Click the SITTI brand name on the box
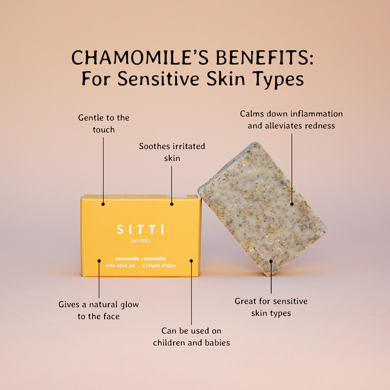click(141, 230)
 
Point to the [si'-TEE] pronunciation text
click(141, 240)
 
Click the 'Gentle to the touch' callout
click(103, 123)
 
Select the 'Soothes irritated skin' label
click(172, 152)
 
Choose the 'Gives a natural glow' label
click(99, 310)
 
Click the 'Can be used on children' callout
click(191, 336)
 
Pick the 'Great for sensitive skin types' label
click(271, 307)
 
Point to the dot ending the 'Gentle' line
click(103, 204)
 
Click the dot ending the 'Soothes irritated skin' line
click(172, 204)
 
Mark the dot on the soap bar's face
click(291, 204)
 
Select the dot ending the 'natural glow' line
click(99, 261)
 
